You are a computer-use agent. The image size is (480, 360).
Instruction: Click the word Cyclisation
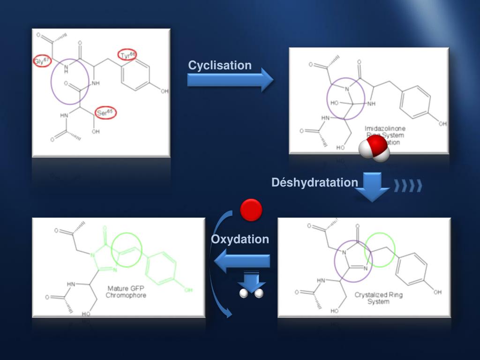coord(220,66)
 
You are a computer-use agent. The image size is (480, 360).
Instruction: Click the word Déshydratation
coord(315,182)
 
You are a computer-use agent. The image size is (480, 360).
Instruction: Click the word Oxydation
coord(240,240)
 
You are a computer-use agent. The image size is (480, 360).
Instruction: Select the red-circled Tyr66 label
coord(127,55)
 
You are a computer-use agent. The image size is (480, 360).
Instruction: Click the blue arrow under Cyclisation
coord(230,80)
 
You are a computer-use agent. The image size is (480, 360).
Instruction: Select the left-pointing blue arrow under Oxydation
coord(242,261)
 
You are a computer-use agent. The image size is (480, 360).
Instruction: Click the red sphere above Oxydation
coord(251,210)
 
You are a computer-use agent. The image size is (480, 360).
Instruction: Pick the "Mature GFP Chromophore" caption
coord(126,292)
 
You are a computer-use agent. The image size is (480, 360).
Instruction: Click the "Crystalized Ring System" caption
coord(378,298)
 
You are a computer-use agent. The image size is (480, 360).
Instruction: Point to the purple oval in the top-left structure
coord(70,82)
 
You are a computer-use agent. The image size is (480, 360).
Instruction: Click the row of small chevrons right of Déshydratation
coord(408,186)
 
